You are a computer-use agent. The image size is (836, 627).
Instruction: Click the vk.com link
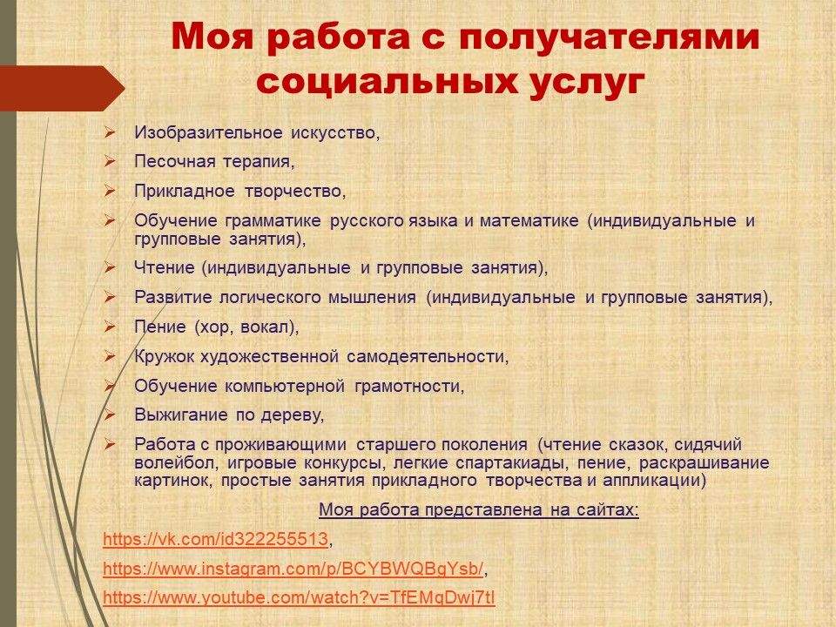[x=215, y=540]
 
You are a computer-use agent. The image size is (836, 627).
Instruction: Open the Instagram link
[x=293, y=569]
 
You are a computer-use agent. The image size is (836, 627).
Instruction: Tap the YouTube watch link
[x=299, y=597]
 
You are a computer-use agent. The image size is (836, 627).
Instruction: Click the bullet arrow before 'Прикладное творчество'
[x=110, y=191]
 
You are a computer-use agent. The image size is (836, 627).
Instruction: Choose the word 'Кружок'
[x=165, y=355]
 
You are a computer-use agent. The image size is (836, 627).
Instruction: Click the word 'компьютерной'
[x=285, y=386]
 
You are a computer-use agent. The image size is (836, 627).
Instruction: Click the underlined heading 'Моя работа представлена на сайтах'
[x=479, y=509]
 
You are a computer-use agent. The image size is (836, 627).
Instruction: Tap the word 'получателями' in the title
[x=609, y=37]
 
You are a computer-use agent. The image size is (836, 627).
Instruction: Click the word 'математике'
[x=529, y=220]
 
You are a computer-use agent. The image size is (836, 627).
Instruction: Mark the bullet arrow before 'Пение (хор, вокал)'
[x=110, y=327]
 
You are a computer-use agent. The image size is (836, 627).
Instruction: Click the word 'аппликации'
[x=651, y=481]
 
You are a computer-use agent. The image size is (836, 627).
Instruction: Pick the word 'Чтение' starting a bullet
[x=165, y=267]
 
